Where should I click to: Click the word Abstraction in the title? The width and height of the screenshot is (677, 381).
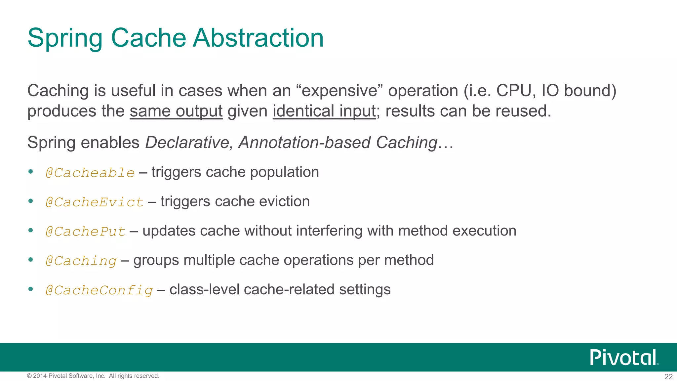pos(258,38)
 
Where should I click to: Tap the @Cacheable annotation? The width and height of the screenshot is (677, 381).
pos(90,173)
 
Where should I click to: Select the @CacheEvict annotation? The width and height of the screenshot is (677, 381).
pos(95,202)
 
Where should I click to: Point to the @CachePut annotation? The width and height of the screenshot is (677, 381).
pos(85,232)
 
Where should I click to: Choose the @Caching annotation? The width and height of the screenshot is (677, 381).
pos(81,261)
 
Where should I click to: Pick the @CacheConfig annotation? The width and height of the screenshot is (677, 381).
pos(99,290)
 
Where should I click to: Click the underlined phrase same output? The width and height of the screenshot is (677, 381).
pos(176,111)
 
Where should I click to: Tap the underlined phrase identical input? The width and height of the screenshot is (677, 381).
pos(324,111)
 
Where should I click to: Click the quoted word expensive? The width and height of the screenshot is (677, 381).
pos(339,91)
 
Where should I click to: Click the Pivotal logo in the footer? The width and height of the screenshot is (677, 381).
pos(624,358)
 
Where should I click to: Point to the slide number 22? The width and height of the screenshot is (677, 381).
pos(668,377)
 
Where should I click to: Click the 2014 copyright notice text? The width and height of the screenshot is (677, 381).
pos(93,376)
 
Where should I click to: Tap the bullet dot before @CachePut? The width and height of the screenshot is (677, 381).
pos(31,231)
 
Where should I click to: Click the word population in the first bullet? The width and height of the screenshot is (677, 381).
pos(284,172)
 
